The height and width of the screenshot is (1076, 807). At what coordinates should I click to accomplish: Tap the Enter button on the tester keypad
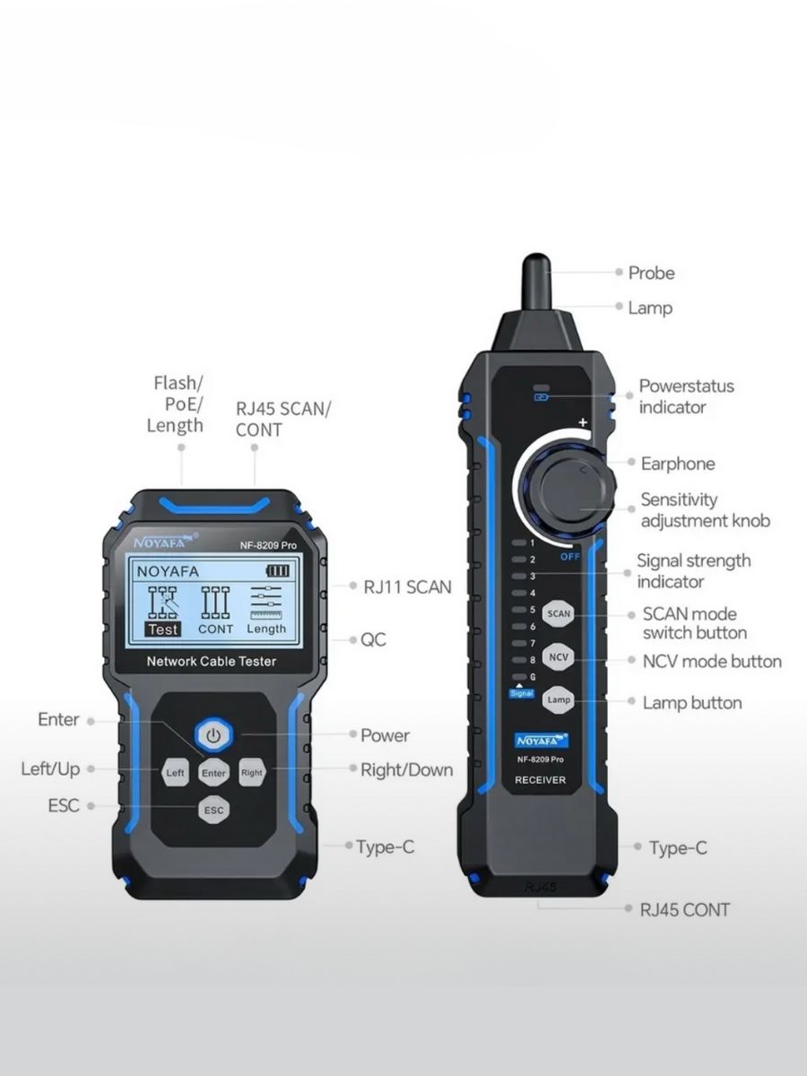[x=213, y=773]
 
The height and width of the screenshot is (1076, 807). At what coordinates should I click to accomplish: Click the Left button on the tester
[x=175, y=773]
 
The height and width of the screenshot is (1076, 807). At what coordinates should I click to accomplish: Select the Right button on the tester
[x=252, y=773]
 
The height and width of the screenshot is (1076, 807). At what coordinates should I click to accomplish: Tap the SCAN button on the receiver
[x=559, y=613]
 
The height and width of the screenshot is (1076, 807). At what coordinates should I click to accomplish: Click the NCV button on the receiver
[x=559, y=657]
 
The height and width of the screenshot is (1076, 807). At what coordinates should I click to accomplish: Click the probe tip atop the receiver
[x=536, y=260]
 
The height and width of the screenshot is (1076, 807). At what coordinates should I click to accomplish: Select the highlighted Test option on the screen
[x=163, y=629]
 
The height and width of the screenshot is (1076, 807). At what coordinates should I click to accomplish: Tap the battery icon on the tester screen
[x=278, y=570]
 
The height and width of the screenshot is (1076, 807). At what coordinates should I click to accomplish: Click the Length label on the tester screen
[x=266, y=629]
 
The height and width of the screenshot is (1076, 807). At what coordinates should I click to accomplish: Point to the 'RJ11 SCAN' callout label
[x=407, y=586]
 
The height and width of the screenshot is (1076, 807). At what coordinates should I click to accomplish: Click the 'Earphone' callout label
[x=678, y=464]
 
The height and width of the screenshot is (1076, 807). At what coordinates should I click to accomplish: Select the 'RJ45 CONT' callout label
[x=684, y=910]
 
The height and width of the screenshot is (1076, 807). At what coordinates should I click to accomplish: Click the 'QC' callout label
[x=373, y=639]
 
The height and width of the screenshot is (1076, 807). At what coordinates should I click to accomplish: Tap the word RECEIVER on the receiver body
[x=540, y=780]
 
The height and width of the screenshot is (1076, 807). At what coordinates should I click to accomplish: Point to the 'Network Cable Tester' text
[x=212, y=661]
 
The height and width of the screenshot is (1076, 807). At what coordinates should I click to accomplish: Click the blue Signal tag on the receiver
[x=521, y=694]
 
